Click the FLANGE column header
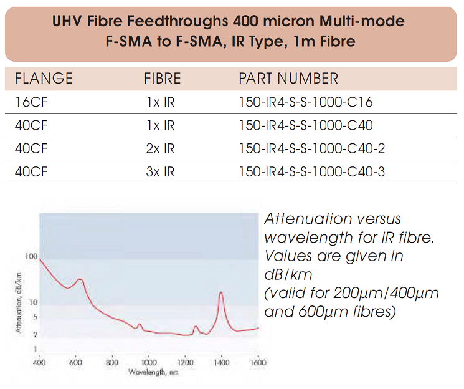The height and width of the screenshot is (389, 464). pos(44,79)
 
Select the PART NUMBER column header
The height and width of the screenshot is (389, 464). pos(288,79)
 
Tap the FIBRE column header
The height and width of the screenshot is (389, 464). pos(163,79)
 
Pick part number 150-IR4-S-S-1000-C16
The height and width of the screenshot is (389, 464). pos(306,102)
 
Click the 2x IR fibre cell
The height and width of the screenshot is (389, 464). pos(161,148)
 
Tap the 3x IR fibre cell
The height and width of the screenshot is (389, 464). pos(161,171)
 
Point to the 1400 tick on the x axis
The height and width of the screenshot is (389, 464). pos(221,362)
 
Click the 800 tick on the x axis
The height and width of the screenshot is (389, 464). pos(112,362)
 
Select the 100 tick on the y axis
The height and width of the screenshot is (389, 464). pos(31,257)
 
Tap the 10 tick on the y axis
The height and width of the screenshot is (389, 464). pos(34,303)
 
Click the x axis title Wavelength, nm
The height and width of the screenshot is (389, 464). pos(148,372)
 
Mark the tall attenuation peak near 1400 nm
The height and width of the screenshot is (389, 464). pos(220,293)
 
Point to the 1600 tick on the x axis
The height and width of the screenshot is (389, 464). pos(257,362)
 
